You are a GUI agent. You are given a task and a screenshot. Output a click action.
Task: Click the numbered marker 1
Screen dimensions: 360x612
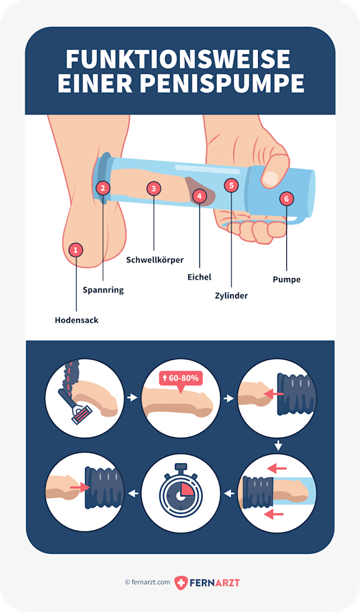click(x=76, y=249)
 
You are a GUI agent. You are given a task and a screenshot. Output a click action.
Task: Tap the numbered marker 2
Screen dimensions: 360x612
click(x=103, y=188)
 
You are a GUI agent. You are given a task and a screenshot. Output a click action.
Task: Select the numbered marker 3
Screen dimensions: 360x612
click(x=154, y=189)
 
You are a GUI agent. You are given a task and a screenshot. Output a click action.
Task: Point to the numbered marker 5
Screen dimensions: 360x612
click(x=231, y=185)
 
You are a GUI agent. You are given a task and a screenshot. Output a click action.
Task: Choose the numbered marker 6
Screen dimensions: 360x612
click(x=287, y=199)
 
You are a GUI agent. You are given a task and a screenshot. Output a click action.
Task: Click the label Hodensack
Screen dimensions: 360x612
click(x=76, y=320)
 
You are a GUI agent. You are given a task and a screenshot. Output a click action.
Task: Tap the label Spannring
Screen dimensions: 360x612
click(x=103, y=290)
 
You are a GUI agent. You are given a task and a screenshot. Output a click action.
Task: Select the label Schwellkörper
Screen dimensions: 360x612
click(x=155, y=260)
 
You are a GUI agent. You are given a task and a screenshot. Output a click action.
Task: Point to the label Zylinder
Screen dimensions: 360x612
click(x=231, y=296)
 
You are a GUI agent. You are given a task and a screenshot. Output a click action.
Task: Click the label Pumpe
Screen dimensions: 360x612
click(x=287, y=279)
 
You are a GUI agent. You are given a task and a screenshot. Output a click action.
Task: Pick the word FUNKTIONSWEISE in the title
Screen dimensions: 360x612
click(x=178, y=59)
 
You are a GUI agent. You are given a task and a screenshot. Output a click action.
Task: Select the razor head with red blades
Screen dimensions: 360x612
click(x=82, y=414)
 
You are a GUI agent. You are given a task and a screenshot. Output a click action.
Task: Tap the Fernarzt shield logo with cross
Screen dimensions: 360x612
click(x=181, y=583)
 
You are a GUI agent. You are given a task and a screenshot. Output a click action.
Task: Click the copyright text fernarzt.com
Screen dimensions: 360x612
click(x=147, y=582)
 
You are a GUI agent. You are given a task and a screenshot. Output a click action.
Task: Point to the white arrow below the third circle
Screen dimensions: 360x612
click(x=278, y=445)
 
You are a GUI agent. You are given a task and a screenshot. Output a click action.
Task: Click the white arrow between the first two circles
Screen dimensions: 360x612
click(x=132, y=398)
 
